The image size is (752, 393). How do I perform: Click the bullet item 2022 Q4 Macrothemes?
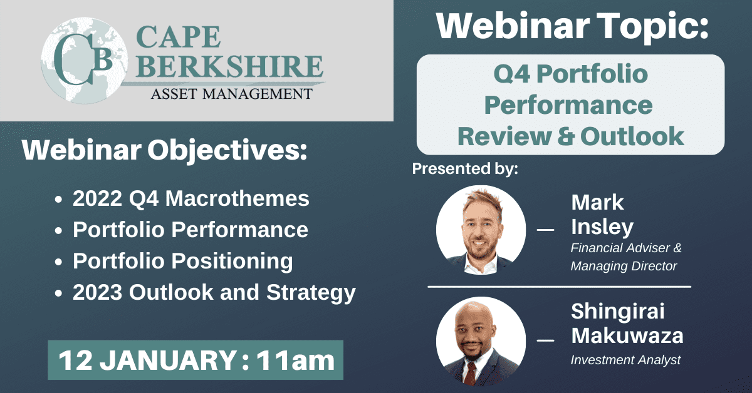click(x=191, y=198)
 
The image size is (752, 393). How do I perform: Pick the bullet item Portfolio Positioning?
click(x=182, y=261)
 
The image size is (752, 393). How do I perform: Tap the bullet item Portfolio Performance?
click(x=190, y=230)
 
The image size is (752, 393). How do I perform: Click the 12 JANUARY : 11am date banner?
click(x=196, y=360)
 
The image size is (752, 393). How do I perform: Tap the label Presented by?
click(x=465, y=169)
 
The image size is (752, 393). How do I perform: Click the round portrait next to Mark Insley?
click(x=481, y=230)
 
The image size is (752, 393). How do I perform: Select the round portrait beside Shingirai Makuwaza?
click(x=481, y=341)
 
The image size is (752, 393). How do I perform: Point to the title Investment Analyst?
click(x=625, y=360)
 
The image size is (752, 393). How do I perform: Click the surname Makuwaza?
click(x=627, y=336)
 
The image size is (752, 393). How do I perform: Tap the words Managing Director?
click(x=624, y=266)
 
